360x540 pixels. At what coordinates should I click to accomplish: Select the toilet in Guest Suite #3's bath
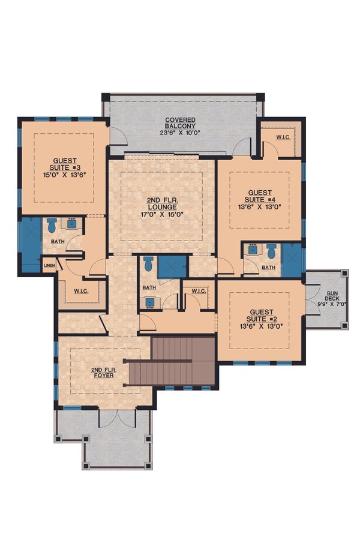click(51, 226)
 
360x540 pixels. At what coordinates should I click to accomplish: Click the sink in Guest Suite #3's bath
click(71, 224)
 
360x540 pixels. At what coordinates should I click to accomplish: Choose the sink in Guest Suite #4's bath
click(252, 250)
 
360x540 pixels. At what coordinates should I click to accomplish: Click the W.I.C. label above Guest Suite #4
click(284, 137)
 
